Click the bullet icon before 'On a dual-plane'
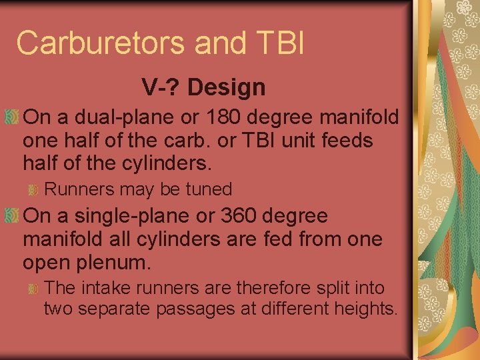(12, 117)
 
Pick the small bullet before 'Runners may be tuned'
(33, 190)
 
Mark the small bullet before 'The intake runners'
(33, 289)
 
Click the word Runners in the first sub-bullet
(79, 189)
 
